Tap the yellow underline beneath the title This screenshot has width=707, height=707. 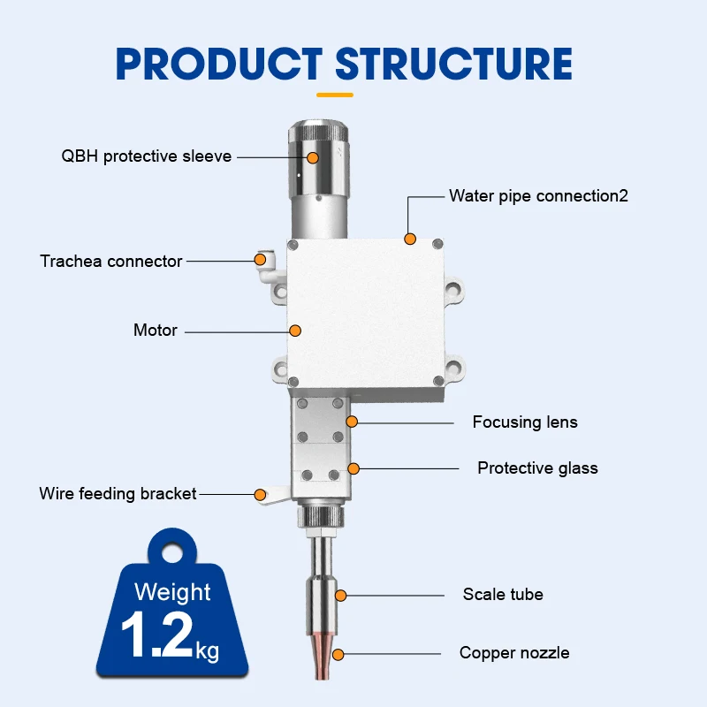[334, 94]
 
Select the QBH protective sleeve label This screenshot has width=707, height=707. [146, 156]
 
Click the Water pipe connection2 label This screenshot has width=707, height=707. [538, 195]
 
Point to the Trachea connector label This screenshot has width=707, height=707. [111, 261]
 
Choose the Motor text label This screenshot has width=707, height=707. [156, 331]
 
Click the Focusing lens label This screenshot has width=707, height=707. [524, 422]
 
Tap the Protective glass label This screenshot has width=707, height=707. [537, 468]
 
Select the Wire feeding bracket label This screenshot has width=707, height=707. [118, 493]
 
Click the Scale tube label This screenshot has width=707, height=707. [502, 594]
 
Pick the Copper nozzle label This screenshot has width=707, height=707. [514, 653]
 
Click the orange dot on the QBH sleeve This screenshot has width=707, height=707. [313, 157]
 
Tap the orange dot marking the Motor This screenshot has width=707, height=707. [296, 331]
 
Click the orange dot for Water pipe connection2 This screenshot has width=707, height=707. [408, 238]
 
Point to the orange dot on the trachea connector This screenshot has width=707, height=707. [260, 259]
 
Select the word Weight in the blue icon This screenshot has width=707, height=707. [172, 591]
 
